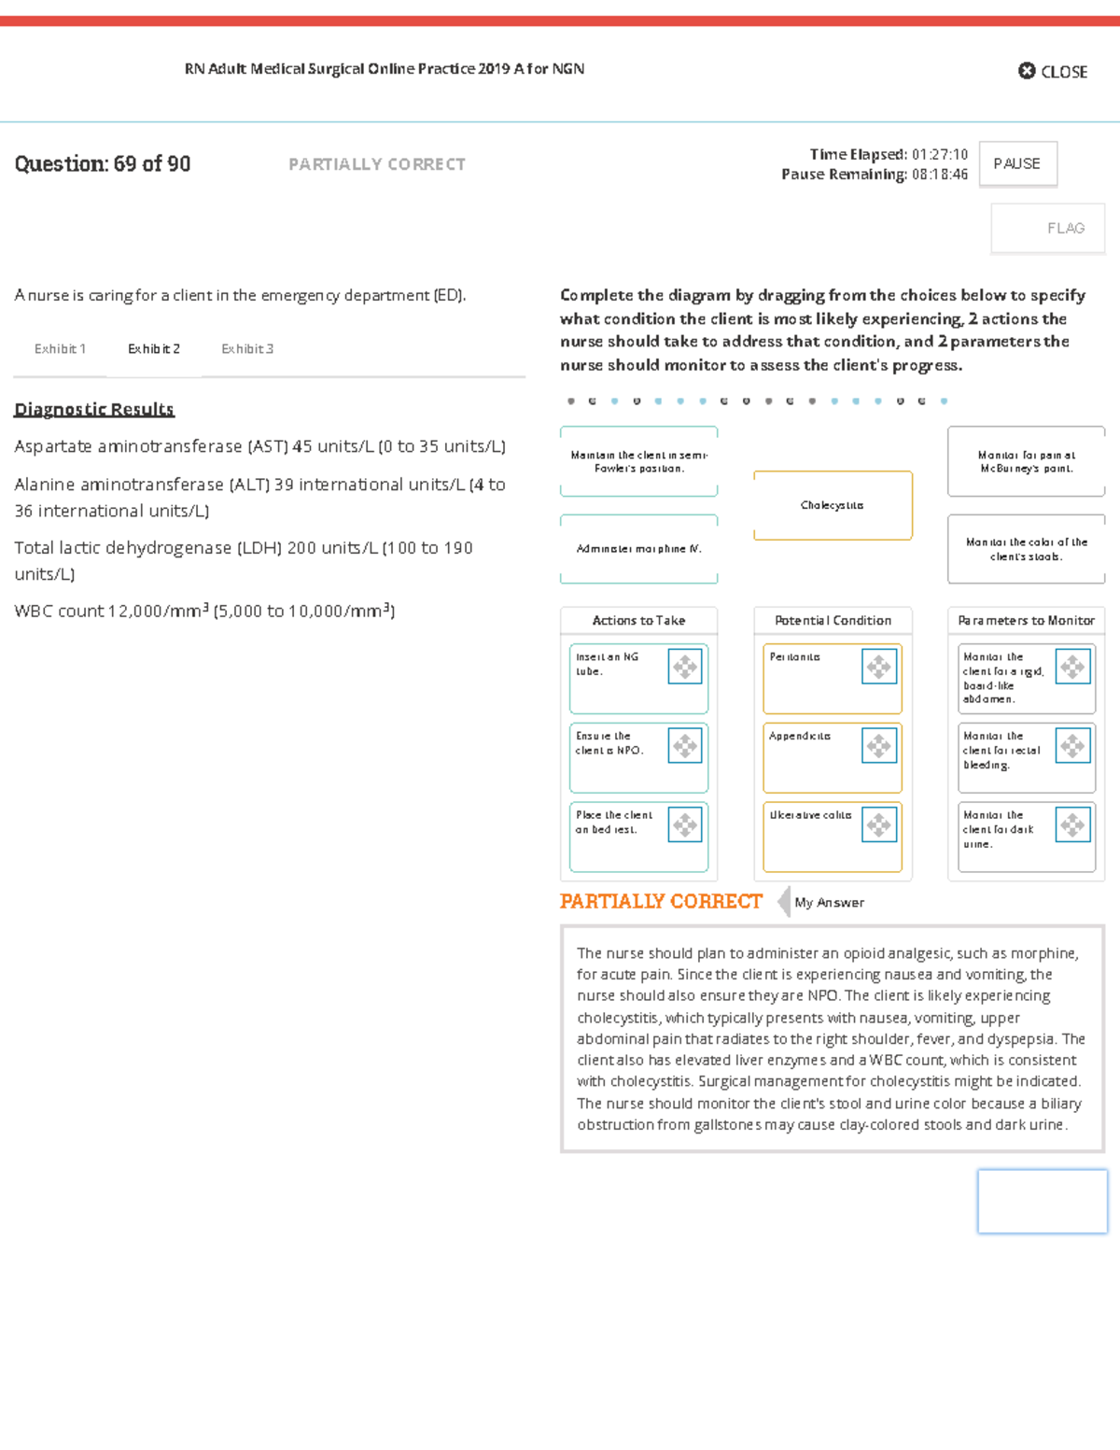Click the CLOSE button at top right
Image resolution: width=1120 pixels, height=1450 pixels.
coord(1053,71)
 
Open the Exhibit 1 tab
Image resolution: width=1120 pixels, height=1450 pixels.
coord(60,348)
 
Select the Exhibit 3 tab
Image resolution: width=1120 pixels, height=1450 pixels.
coord(247,348)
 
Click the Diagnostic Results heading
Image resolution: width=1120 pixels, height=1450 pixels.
coord(94,409)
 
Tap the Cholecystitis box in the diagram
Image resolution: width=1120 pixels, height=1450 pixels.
coord(833,505)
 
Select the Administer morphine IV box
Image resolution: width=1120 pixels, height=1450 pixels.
coord(638,549)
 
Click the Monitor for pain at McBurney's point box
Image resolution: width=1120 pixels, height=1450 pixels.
coord(1026,461)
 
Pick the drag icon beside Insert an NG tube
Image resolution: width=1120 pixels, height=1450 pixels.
coord(685,667)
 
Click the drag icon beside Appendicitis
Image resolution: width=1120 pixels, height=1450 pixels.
coord(879,745)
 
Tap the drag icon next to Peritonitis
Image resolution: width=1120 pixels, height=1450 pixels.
coord(879,667)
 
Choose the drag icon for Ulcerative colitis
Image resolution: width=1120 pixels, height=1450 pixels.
coord(879,824)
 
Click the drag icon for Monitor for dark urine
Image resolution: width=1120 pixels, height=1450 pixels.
coord(1073,824)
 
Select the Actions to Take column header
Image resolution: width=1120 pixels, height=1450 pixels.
coord(638,620)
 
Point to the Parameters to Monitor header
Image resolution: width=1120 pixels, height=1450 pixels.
coord(1026,620)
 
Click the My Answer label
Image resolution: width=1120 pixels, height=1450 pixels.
coord(829,902)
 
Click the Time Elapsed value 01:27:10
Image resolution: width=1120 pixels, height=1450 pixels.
coord(940,154)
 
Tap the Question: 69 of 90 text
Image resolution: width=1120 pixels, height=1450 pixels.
coord(103,164)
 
